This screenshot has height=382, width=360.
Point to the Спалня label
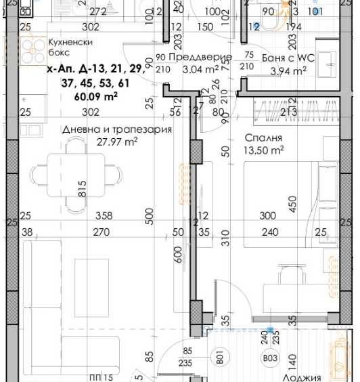click(x=258, y=137)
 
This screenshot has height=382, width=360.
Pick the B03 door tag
click(x=271, y=358)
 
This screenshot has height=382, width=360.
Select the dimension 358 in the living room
click(x=104, y=216)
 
